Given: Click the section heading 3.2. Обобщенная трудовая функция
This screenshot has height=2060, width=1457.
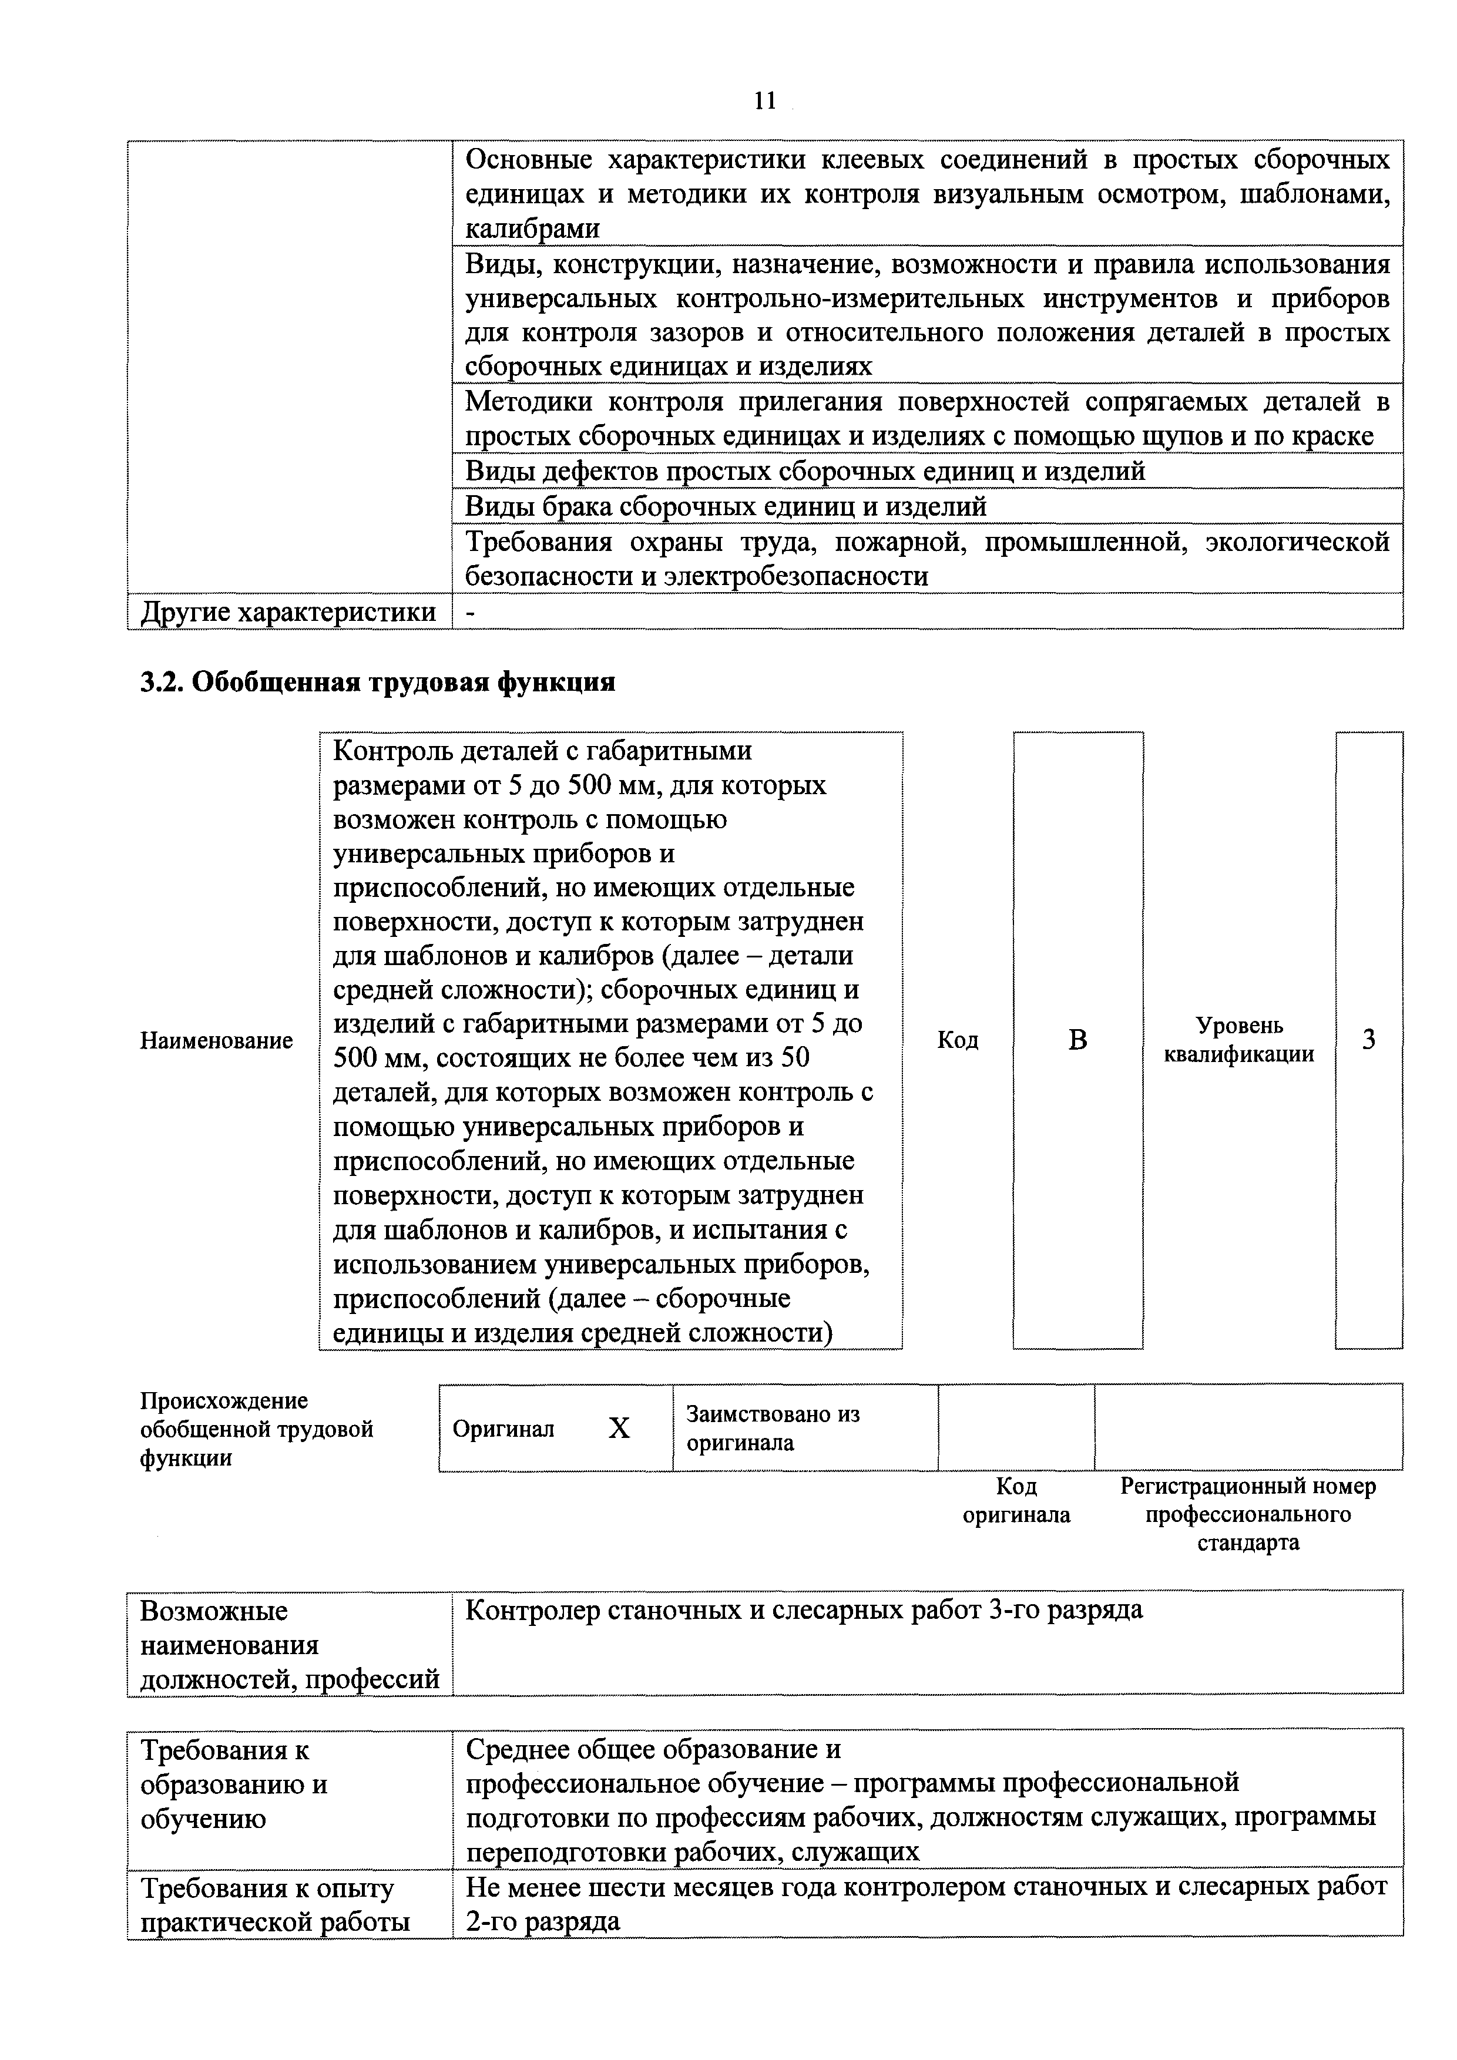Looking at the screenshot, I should [x=378, y=683].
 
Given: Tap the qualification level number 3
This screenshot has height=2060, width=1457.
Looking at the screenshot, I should [x=1368, y=1040].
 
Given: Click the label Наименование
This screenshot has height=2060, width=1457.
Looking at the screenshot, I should [x=216, y=1041].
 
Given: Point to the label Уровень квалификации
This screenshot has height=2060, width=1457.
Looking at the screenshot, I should [x=1239, y=1040].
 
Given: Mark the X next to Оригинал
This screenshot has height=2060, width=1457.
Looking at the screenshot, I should [x=619, y=1429].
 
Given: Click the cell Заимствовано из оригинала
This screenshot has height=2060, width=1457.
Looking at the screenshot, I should [x=773, y=1429].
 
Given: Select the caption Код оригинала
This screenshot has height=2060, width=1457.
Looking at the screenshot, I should [x=1016, y=1501].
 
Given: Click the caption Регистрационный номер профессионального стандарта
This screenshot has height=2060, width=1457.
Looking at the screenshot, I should [x=1248, y=1514].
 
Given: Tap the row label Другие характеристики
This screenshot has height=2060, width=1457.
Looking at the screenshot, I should [x=288, y=612].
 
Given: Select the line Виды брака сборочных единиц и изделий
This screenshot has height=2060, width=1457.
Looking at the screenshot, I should [x=725, y=507].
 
